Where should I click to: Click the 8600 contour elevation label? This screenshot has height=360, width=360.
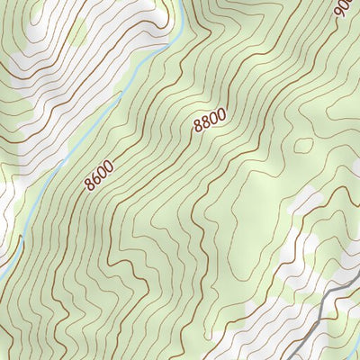pyautogui.click(x=101, y=174)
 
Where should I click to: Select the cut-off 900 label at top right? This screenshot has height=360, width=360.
pyautogui.click(x=342, y=9)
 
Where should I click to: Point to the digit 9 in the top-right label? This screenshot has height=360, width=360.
pyautogui.click(x=337, y=13)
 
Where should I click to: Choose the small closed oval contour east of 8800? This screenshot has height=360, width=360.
pyautogui.click(x=304, y=144)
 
